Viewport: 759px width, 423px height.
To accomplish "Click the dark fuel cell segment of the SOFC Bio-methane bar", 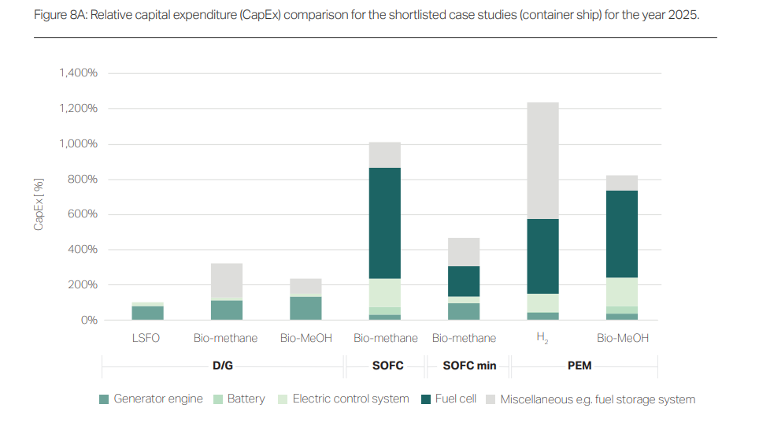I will [385, 223].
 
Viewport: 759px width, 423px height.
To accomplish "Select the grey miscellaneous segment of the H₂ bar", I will [542, 161].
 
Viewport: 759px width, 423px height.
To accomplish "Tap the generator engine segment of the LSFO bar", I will [147, 313].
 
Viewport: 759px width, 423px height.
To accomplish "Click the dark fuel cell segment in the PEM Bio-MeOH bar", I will [621, 234].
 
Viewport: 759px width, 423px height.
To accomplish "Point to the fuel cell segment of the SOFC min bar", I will [464, 281].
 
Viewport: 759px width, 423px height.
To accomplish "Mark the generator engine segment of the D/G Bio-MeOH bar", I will [305, 308].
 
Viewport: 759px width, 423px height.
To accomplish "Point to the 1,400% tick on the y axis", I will [78, 73].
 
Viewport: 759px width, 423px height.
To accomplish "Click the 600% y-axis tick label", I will [83, 214].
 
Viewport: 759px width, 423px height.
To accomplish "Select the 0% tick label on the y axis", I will [87, 320].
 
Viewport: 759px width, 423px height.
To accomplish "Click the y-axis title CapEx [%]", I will [39, 204].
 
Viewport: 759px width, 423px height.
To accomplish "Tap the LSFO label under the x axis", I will [147, 338].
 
